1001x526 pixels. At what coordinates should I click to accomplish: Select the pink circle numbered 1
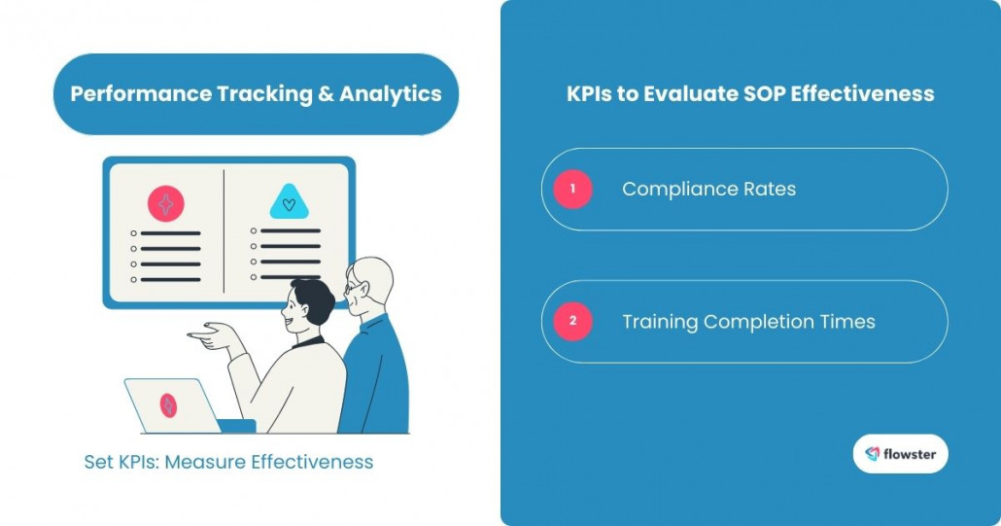[573, 189]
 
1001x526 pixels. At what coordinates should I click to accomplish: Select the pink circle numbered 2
[573, 321]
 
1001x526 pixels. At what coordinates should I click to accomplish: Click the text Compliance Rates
[708, 190]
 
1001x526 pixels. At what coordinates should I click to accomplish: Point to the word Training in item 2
[660, 322]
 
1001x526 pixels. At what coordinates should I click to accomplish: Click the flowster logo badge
[900, 453]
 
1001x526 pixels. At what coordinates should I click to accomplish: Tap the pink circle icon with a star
[165, 204]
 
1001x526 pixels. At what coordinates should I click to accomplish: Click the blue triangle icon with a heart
[289, 202]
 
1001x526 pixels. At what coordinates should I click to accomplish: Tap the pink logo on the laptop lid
[168, 405]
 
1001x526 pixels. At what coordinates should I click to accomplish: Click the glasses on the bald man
[352, 287]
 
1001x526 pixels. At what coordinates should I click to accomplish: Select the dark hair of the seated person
[312, 296]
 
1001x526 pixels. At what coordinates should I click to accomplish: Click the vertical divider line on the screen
[224, 230]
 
